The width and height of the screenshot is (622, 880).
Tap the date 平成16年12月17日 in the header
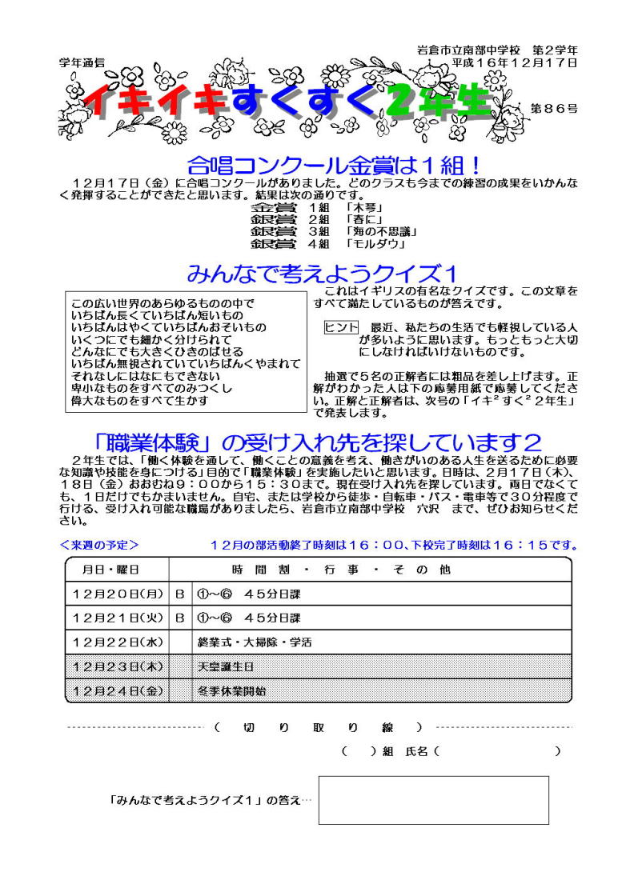pyautogui.click(x=514, y=62)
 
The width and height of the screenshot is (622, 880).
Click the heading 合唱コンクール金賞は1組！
pyautogui.click(x=334, y=166)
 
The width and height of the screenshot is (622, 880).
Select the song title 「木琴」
pyautogui.click(x=362, y=207)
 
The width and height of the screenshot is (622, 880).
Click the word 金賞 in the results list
pyautogui.click(x=271, y=207)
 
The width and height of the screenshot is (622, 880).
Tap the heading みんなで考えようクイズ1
pyautogui.click(x=321, y=275)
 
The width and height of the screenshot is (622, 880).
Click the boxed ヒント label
pyautogui.click(x=340, y=327)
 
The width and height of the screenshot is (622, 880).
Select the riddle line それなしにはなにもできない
pyautogui.click(x=146, y=375)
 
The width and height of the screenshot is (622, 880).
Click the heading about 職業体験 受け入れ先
pyautogui.click(x=318, y=442)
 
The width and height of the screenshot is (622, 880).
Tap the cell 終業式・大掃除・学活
pyautogui.click(x=255, y=642)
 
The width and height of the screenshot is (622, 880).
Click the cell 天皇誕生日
pyautogui.click(x=227, y=666)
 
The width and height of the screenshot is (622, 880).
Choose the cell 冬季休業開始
pyautogui.click(x=232, y=690)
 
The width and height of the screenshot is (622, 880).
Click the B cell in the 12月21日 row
pyautogui.click(x=180, y=618)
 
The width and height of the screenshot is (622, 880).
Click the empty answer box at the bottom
pyautogui.click(x=433, y=799)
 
